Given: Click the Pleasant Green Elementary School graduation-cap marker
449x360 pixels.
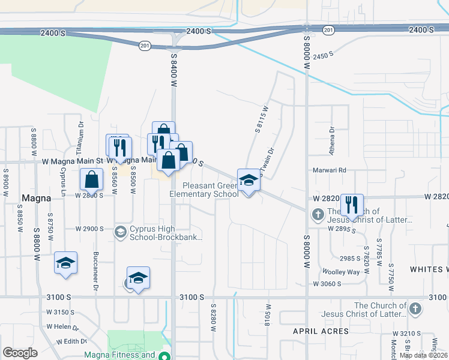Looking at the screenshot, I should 247,180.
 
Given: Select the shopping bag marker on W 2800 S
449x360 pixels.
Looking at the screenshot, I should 91,179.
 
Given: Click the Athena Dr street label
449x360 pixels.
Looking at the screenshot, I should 331,144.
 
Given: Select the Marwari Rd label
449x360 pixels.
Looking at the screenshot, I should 330,170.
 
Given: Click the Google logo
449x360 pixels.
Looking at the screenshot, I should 20,353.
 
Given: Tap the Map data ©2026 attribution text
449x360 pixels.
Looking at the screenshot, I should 424,355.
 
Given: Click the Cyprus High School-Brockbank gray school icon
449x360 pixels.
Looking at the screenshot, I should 120,232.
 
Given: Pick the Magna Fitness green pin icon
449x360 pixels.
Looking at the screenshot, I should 163,355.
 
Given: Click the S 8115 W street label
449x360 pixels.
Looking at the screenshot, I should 261,119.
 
